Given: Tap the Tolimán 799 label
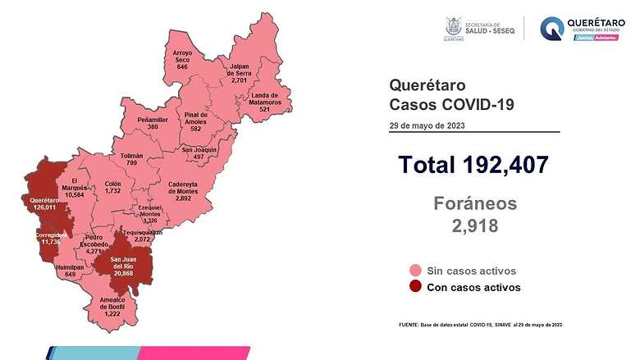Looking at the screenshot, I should [x=131, y=159].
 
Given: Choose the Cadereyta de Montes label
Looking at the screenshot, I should [x=179, y=193].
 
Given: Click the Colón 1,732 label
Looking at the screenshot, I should [x=113, y=187].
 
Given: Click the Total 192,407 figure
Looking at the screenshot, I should [x=473, y=164].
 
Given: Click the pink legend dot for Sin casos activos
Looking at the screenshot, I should [x=416, y=271].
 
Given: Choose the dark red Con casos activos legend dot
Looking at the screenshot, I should [x=416, y=287].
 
